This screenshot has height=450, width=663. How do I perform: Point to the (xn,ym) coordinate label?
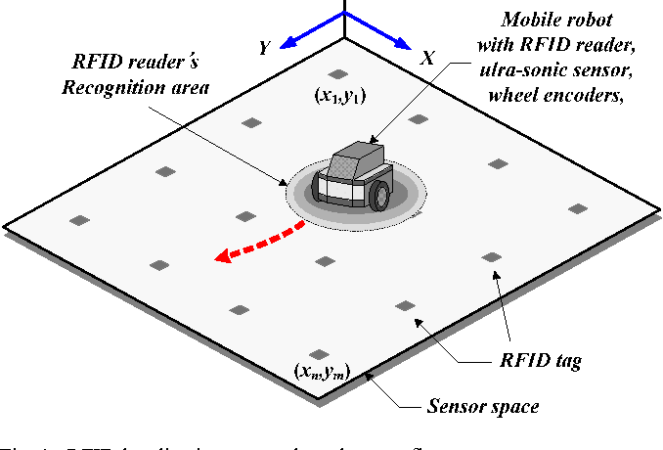coord(322,371)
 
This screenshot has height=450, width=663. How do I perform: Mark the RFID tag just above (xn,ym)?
coord(317,354)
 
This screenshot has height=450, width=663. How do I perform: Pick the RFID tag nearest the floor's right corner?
coord(577,207)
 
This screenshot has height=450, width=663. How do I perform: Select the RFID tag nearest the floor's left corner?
coord(81,219)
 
